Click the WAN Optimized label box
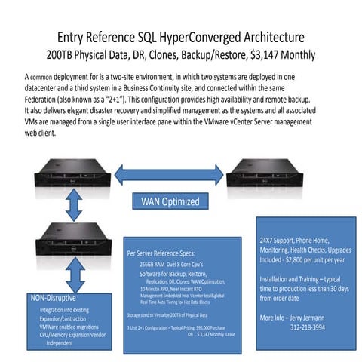(170, 201)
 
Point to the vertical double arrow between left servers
(73, 204)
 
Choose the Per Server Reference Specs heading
(167, 254)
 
